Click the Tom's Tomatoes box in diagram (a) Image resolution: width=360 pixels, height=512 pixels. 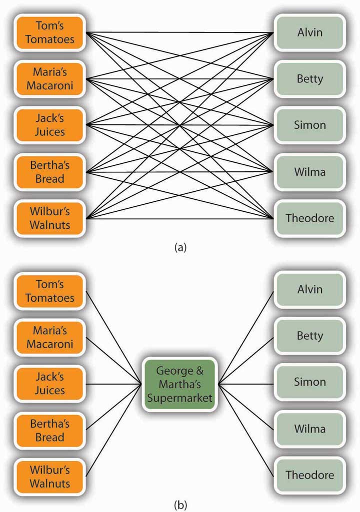click(x=49, y=32)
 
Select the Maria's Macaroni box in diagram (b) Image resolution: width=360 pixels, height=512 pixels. click(x=49, y=337)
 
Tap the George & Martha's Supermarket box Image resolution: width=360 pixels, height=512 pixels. click(x=179, y=384)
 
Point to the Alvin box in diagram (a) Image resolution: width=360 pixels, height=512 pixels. click(x=309, y=32)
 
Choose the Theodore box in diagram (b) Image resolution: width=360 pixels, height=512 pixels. click(x=309, y=475)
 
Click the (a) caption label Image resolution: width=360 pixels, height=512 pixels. click(x=180, y=247)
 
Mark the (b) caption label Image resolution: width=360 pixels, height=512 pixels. click(x=180, y=505)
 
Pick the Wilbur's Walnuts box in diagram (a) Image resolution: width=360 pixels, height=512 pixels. click(x=49, y=218)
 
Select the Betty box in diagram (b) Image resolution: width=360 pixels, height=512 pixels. click(x=309, y=336)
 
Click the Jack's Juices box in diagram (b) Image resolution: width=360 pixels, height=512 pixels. click(x=49, y=384)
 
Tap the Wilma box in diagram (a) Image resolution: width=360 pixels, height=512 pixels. click(x=309, y=172)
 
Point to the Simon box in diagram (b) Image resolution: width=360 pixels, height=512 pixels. click(x=309, y=382)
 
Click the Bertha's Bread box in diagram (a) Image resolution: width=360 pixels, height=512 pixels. click(x=49, y=172)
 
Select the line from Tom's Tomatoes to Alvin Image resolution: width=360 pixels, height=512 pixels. click(x=179, y=32)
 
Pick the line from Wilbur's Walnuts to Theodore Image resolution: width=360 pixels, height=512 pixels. click(x=179, y=218)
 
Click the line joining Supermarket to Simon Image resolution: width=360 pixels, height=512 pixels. click(x=246, y=384)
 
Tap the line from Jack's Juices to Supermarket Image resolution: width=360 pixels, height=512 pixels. click(x=113, y=384)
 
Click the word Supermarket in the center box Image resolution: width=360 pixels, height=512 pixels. click(x=179, y=398)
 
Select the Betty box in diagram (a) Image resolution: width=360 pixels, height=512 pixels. click(x=309, y=79)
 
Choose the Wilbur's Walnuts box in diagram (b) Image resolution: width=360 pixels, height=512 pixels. click(x=49, y=477)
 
